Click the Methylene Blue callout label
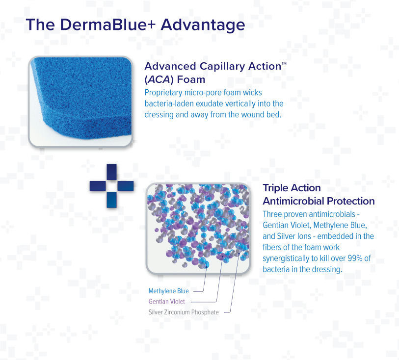pos(168,291)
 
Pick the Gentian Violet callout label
pos(167,302)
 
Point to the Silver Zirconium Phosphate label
pos(184,312)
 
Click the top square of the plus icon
pos(111,172)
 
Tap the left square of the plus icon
pos(97,185)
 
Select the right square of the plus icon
pos(126,185)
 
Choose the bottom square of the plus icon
pos(111,200)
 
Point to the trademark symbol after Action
pos(284,63)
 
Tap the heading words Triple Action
pos(292,188)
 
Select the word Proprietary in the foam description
pos(164,93)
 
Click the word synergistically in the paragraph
pos(292,258)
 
